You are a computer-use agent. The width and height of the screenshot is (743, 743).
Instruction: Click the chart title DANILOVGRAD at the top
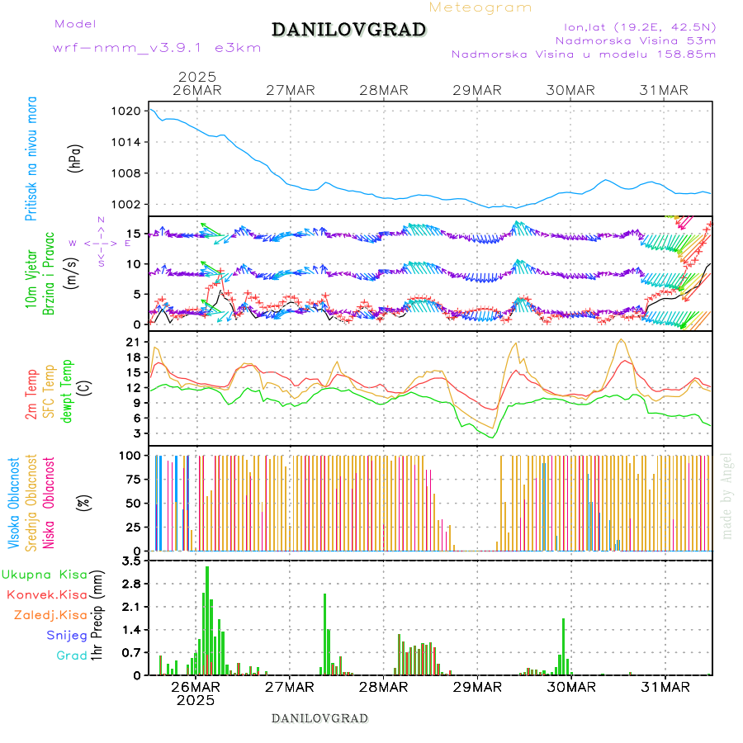[349, 31]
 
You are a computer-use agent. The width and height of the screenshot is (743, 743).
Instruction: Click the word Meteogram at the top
[481, 7]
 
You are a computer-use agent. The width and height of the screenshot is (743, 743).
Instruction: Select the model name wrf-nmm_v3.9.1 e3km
[157, 47]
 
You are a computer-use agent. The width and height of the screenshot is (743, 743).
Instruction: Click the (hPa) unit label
[76, 158]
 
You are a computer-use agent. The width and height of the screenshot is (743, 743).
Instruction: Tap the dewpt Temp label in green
[67, 388]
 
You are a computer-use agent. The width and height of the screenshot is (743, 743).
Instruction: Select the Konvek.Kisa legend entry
[47, 594]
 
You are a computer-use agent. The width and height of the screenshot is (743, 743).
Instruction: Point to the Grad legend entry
[72, 655]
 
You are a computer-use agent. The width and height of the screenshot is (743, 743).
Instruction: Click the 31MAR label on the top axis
[665, 90]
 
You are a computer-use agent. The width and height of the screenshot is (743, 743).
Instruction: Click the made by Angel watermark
[727, 495]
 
